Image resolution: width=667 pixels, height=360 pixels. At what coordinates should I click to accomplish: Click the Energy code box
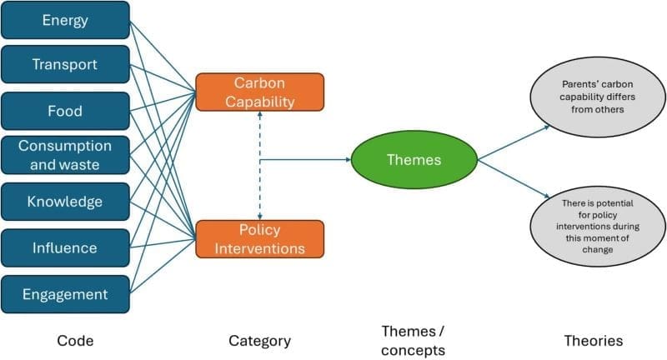tap(65, 20)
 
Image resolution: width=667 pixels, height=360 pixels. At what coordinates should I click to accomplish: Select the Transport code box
tap(65, 65)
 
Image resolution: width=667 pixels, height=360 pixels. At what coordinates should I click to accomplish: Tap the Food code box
tap(65, 111)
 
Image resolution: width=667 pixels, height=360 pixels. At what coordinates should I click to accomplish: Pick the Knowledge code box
tap(65, 202)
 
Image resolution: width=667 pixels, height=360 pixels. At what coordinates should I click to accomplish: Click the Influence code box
tap(65, 247)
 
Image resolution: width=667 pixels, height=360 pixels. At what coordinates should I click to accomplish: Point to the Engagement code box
tap(65, 293)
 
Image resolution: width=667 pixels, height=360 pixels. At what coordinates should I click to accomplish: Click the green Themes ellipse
tap(413, 160)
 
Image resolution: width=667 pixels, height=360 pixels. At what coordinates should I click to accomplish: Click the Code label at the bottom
tap(75, 340)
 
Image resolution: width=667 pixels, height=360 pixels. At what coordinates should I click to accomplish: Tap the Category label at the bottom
tap(259, 340)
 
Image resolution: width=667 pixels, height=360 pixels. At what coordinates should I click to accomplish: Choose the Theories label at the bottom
tap(593, 340)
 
